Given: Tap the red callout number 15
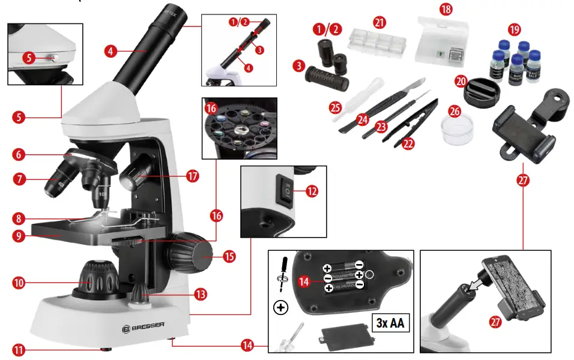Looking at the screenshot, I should pyautogui.click(x=229, y=257).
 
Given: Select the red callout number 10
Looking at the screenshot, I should pyautogui.click(x=19, y=281).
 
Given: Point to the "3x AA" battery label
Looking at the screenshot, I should pyautogui.click(x=390, y=324).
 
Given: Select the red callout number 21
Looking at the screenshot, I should pyautogui.click(x=378, y=22).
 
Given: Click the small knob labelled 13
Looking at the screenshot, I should pyautogui.click(x=141, y=293).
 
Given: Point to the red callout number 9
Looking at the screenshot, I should pyautogui.click(x=19, y=235).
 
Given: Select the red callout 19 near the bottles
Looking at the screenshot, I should pyautogui.click(x=513, y=29).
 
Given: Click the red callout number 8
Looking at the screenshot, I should pyautogui.click(x=19, y=218).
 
